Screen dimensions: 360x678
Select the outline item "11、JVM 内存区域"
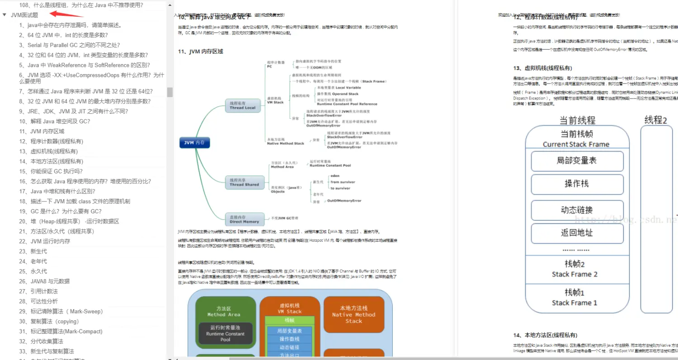point(42,131)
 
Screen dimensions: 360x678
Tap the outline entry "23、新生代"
point(33,252)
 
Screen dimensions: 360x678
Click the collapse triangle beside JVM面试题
point(5,15)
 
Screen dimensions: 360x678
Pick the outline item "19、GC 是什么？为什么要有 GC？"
point(60,211)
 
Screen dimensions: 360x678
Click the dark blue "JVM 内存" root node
point(194,143)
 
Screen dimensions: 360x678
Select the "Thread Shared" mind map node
point(244,182)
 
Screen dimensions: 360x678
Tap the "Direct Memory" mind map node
point(244,220)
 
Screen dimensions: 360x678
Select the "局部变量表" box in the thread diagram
point(577,161)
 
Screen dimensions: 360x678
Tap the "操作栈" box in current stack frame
point(577,184)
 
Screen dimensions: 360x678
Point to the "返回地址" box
point(577,233)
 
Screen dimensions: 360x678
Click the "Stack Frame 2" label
point(574,274)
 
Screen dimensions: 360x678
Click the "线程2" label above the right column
point(656,120)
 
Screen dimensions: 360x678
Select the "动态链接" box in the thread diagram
point(577,210)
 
